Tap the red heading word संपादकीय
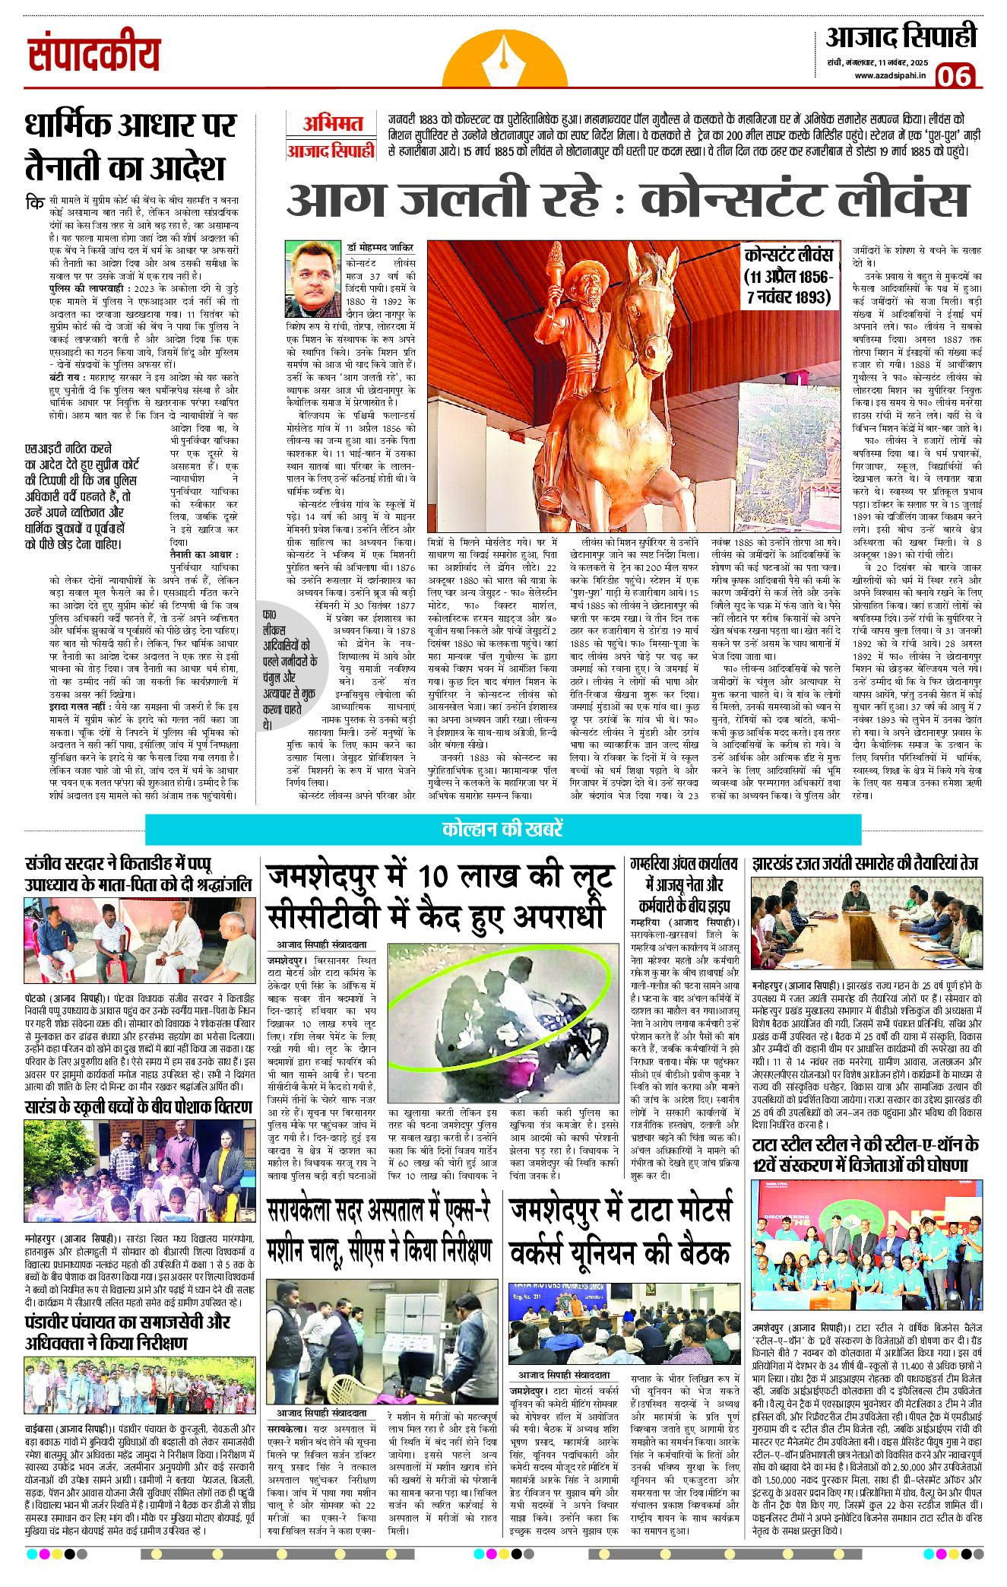94,55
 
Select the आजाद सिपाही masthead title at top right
901,36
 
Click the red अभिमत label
332,124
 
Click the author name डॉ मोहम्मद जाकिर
380,248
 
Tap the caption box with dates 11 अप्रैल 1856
788,275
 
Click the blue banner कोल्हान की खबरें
502,829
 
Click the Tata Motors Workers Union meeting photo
623,1324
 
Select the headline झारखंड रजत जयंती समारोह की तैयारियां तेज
865,864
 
